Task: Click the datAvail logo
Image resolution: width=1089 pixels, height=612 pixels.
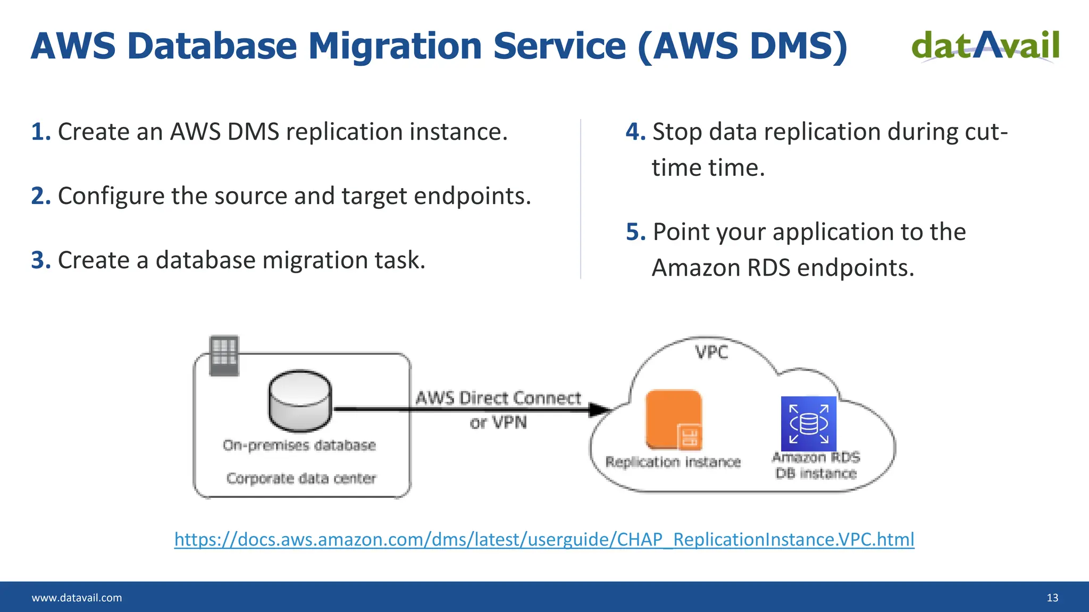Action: pos(985,46)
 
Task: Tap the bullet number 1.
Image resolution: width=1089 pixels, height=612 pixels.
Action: pos(40,132)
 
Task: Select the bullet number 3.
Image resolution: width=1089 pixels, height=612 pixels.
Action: pos(40,260)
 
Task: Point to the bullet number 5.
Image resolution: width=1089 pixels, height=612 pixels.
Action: pos(635,232)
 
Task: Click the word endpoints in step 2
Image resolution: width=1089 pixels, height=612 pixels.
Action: pos(472,196)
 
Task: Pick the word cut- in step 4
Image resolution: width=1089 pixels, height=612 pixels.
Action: pos(986,132)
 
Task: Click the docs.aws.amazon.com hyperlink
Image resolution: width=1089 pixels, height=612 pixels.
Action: pos(544,539)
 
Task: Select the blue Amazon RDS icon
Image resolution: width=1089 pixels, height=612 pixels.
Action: pos(808,423)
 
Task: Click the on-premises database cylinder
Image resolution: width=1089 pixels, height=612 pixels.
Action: pos(300,401)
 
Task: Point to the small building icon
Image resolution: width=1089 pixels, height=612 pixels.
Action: pos(224,355)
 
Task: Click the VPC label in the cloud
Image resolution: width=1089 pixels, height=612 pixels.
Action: pos(711,352)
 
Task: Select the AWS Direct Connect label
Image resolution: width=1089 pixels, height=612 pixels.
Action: pos(498,398)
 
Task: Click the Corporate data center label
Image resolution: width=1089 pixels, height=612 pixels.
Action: pos(301,478)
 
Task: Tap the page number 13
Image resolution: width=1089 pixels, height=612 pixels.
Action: pos(1052,598)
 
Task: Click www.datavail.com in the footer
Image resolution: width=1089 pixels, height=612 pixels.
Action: pos(77,598)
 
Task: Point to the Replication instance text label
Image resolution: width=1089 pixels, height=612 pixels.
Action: pos(673,462)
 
